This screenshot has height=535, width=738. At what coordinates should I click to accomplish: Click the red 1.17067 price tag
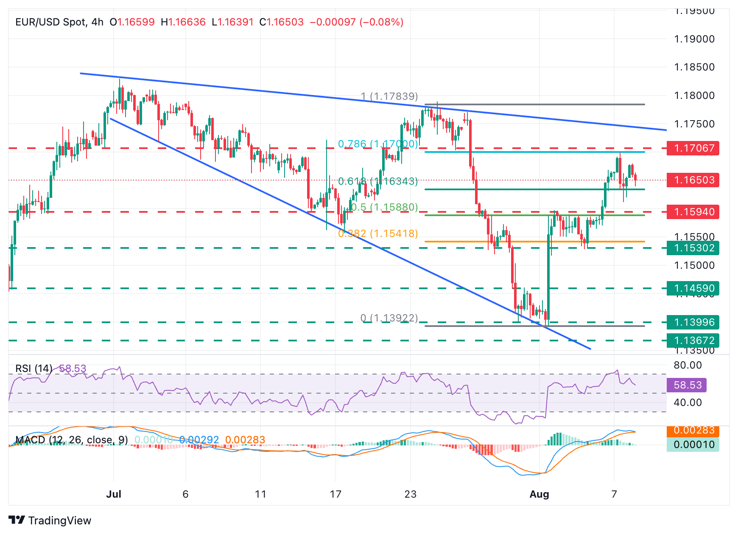693,148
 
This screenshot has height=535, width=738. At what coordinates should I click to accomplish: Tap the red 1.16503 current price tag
693,180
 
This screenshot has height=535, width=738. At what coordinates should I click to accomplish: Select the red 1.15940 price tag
693,212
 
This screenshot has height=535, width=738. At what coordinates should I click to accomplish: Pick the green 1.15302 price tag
693,248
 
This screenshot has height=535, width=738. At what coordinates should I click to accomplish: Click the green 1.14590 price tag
693,288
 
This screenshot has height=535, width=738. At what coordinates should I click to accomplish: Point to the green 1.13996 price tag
693,322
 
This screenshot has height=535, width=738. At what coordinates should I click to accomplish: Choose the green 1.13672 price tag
693,341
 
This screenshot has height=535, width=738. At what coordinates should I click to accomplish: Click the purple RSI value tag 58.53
687,385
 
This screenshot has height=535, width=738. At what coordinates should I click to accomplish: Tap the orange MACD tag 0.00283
693,431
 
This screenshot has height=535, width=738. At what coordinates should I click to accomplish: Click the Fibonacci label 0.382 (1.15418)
378,234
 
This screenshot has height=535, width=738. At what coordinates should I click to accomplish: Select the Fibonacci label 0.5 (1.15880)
384,207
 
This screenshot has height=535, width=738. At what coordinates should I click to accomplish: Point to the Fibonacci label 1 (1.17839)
389,96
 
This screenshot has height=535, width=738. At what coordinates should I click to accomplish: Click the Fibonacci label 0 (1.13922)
389,318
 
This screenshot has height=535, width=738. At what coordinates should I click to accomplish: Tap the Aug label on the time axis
540,494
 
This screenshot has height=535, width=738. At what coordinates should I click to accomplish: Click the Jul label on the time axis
114,494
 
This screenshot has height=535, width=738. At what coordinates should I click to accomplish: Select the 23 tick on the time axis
410,494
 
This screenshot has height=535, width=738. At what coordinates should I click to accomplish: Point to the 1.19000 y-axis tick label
694,39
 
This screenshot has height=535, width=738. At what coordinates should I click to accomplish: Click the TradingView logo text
59,521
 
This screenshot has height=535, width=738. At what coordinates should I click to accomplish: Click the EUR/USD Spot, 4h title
59,22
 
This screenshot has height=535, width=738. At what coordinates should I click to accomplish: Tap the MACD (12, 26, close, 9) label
72,440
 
